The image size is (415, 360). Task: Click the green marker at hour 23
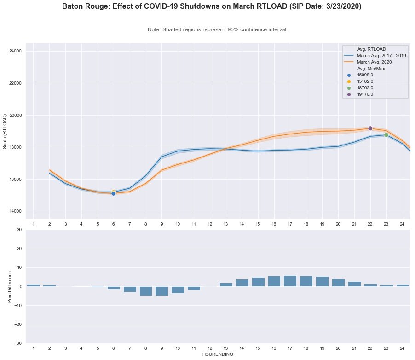[386, 135]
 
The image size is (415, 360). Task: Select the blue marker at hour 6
[113, 193]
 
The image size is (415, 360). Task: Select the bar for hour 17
[290, 281]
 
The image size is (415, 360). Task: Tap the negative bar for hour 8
[146, 291]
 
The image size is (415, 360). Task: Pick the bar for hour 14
[242, 283]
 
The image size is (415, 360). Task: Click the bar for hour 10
[178, 290]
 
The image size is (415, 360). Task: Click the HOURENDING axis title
[218, 354]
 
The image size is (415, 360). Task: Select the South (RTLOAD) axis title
[5, 131]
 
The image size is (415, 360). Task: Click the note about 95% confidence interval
[218, 29]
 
